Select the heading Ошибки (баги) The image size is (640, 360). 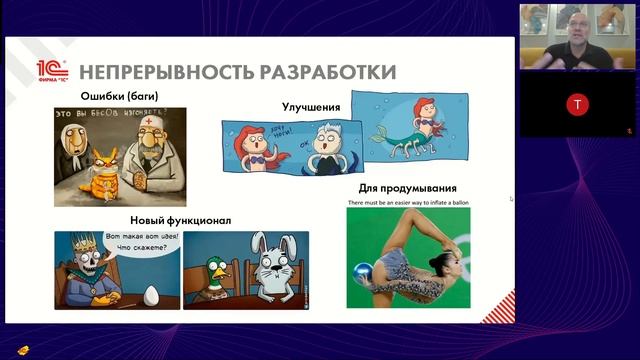[x=119, y=97]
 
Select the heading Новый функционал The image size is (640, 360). [x=180, y=220]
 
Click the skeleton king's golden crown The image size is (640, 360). [x=77, y=240]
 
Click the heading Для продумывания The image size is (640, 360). [x=407, y=188]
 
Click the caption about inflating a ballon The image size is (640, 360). [x=407, y=202]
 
